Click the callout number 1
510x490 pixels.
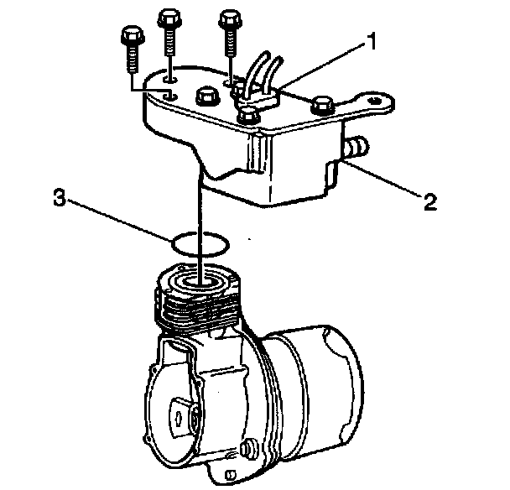(369, 41)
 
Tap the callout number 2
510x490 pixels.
(430, 201)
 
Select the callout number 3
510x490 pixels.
(60, 197)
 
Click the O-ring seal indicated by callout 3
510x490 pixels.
(200, 244)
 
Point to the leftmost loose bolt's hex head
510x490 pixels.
(133, 36)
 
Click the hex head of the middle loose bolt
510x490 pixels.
(169, 19)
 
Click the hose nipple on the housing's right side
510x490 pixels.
(356, 147)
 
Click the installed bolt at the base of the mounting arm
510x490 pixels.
(321, 105)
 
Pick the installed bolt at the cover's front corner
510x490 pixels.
(247, 116)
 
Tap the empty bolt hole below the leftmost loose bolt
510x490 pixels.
(170, 96)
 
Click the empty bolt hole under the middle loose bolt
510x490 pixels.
(170, 79)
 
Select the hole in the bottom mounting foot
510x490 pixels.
(232, 473)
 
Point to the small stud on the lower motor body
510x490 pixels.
(247, 448)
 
